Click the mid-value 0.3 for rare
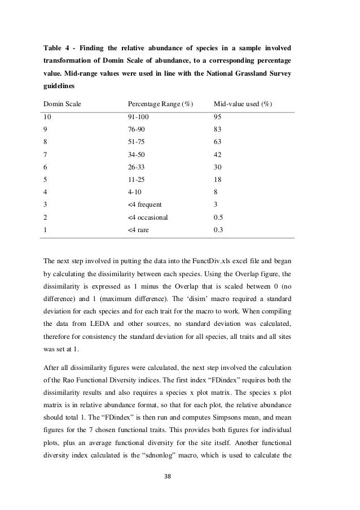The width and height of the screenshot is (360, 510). click(x=219, y=230)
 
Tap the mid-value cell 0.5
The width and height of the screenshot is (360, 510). click(x=219, y=216)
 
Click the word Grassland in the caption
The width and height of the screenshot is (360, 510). click(x=236, y=73)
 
